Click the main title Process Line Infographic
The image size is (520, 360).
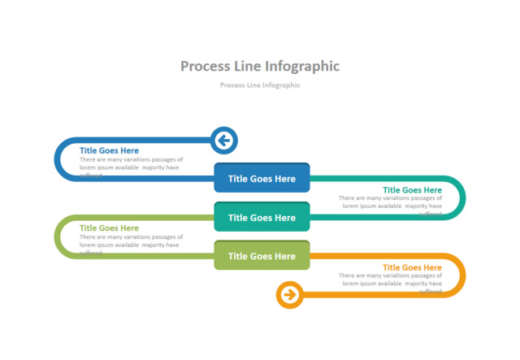pos(260,66)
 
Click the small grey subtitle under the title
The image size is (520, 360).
pos(260,85)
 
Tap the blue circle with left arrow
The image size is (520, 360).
pos(223,141)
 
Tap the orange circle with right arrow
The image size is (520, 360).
pos(289,294)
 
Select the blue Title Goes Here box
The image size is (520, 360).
pos(262,179)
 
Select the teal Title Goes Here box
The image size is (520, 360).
pos(262,217)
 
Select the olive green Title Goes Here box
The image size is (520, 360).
pos(262,256)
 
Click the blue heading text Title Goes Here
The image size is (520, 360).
pos(109,150)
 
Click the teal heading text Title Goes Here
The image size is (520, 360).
pos(412,190)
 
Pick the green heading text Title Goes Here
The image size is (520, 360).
pos(109,228)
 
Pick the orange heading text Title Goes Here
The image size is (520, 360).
pos(412,267)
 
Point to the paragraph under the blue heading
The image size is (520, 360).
pos(131,164)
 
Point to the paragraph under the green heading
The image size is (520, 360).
pos(131,241)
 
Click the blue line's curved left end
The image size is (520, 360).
pos(57,159)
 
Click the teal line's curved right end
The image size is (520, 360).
pos(462,197)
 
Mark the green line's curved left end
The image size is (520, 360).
pos(58,236)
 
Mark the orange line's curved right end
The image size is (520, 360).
pos(462,275)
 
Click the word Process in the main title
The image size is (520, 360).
pos(204,66)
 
